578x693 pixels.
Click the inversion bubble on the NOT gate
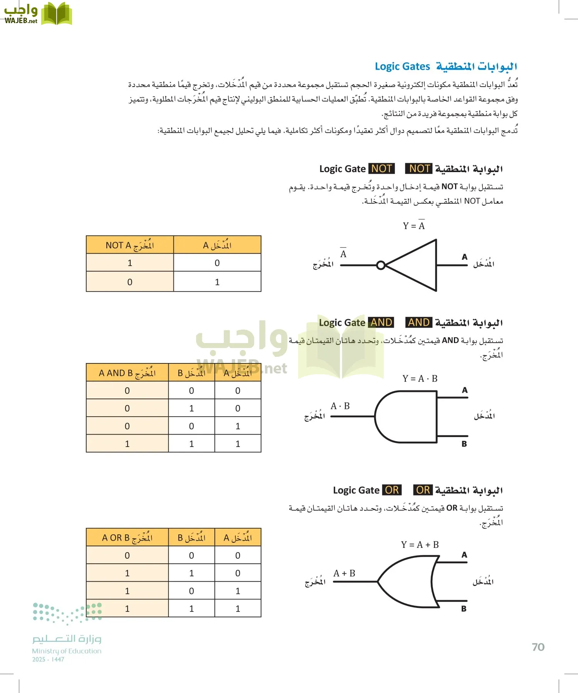point(381,265)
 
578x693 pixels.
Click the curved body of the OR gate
point(408,581)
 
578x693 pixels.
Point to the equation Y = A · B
point(420,379)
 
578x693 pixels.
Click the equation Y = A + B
point(420,545)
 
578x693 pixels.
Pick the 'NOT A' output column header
point(130,245)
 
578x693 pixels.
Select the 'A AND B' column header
point(127,373)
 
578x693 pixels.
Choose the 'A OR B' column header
point(127,538)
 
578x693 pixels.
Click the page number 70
point(538,647)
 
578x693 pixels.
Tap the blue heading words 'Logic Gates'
point(402,67)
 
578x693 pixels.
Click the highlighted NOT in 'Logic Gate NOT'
point(381,169)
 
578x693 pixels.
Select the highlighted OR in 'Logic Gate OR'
point(392,490)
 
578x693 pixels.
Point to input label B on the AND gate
point(464,444)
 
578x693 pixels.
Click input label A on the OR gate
point(464,555)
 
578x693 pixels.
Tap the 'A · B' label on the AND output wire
point(340,406)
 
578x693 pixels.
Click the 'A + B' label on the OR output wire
point(344,574)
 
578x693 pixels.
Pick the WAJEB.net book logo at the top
point(56,14)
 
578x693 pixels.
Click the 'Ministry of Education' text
point(67,651)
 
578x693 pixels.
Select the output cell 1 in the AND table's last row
point(127,444)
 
